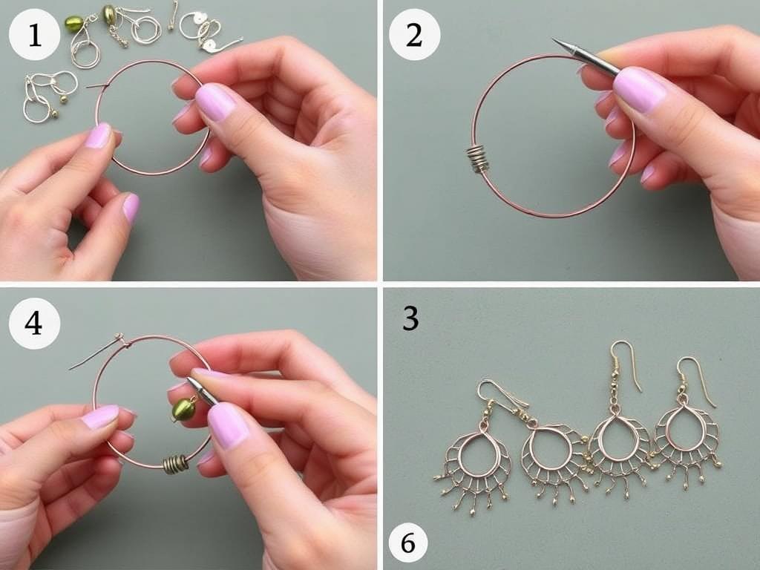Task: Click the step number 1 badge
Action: click(x=34, y=35)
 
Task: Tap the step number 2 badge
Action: click(x=414, y=35)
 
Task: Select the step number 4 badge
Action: click(x=34, y=323)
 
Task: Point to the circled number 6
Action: click(x=407, y=543)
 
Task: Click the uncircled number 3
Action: click(x=410, y=318)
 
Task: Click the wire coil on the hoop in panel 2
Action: click(x=477, y=159)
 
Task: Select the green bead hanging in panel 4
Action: click(x=184, y=410)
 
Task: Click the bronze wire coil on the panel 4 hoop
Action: click(x=175, y=464)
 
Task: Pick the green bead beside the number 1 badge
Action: click(x=73, y=24)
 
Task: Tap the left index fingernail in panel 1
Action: click(x=99, y=136)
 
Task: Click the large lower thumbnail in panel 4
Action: click(x=228, y=425)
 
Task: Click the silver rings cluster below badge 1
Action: click(x=48, y=95)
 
